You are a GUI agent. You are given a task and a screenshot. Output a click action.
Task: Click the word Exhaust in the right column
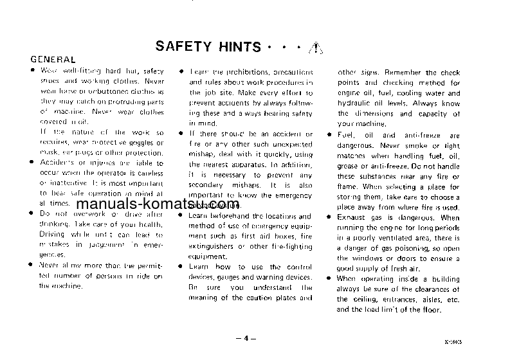click(x=353, y=218)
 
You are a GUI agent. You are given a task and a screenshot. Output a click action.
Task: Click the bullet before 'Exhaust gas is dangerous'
click(x=329, y=218)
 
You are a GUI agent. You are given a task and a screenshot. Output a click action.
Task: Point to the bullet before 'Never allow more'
click(x=31, y=265)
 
